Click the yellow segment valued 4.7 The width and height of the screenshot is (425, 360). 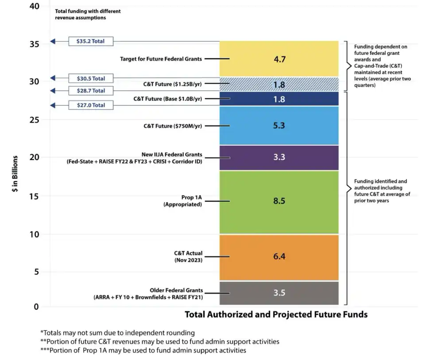click(279, 58)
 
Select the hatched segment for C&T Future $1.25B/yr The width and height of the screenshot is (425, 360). click(279, 84)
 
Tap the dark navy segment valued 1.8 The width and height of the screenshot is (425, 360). click(279, 99)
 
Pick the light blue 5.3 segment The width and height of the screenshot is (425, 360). click(279, 125)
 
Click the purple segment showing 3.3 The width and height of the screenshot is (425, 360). click(279, 158)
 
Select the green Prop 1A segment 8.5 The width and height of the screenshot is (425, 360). click(279, 202)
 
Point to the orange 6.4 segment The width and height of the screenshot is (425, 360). click(279, 257)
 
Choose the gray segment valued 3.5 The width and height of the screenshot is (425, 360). click(279, 293)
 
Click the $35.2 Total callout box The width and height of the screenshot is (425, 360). click(91, 41)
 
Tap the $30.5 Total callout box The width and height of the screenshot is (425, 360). click(91, 78)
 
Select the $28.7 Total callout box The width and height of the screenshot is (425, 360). click(91, 90)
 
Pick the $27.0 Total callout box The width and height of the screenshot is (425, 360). click(91, 105)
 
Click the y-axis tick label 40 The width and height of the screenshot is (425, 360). click(34, 7)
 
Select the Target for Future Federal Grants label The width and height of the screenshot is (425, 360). click(161, 58)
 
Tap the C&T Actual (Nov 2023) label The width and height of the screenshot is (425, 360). click(188, 256)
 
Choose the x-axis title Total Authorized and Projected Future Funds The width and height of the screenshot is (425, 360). click(276, 315)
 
